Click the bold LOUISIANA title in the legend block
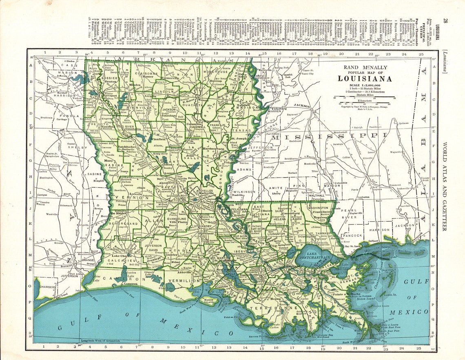pos(365,78)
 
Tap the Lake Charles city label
pos(121,256)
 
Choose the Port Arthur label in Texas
pos(75,274)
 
